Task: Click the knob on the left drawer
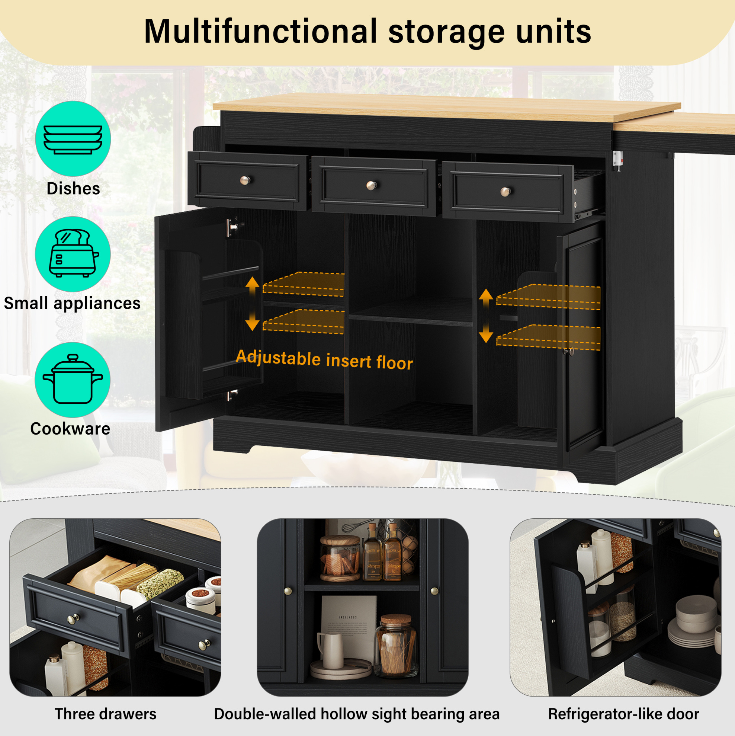[x=245, y=180]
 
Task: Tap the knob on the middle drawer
[x=371, y=185]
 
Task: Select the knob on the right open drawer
[x=505, y=191]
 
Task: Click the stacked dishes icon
[x=73, y=140]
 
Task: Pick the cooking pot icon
[x=73, y=379]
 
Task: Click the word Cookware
[x=70, y=429]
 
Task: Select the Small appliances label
[x=73, y=303]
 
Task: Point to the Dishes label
[x=74, y=189]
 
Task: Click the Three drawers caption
[x=106, y=714]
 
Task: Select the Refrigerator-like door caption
[x=624, y=714]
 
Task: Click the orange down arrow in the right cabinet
[x=486, y=334]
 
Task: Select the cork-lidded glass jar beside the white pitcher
[x=396, y=646]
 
